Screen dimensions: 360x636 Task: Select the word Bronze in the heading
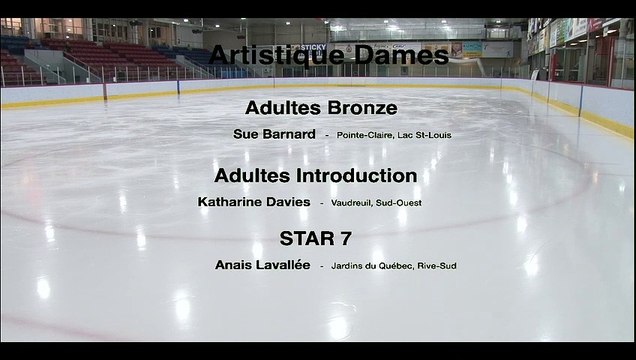[360, 107]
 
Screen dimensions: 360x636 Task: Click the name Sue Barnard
[274, 134]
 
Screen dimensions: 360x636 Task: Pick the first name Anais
[234, 265]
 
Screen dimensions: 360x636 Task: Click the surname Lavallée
[283, 265]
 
